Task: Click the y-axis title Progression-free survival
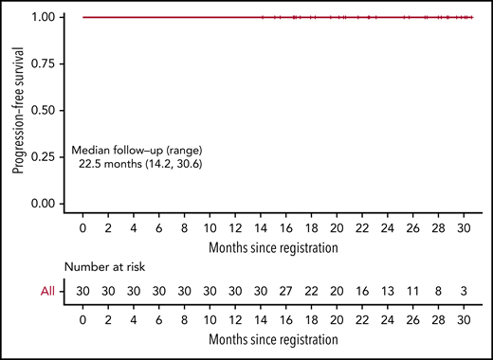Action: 18,110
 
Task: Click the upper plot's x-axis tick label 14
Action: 262,229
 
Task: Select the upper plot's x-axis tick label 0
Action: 83,229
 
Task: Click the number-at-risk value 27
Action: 286,293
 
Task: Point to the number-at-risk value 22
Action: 312,293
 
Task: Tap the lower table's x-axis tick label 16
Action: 286,318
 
